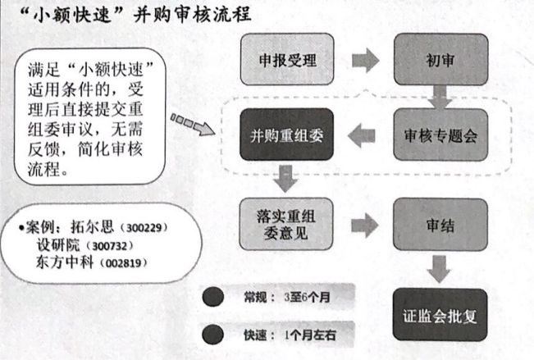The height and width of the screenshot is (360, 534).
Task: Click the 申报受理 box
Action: tap(287, 61)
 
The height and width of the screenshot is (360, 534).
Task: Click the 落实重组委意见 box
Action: tap(287, 225)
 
